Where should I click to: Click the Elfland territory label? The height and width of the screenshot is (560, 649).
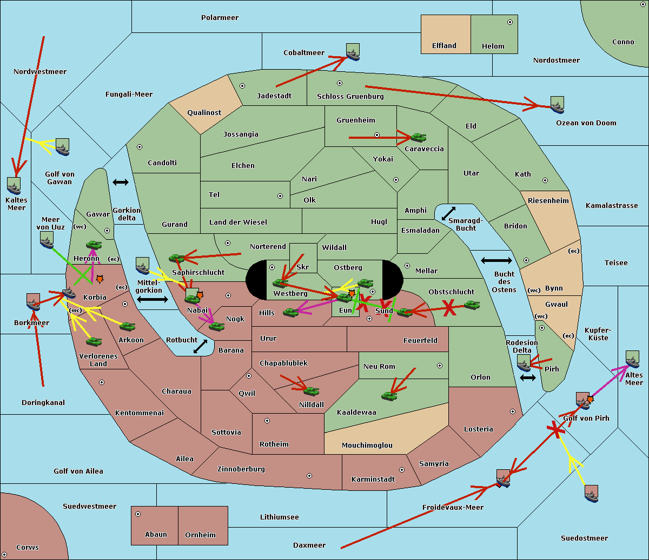444,46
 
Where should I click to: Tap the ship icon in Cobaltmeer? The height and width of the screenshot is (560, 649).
353,52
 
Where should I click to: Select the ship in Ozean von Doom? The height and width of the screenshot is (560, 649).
557,105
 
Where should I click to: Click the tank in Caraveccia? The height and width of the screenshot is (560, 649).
418,138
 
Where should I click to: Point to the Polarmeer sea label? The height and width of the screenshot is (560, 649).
220,18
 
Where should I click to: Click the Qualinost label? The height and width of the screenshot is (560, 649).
204,113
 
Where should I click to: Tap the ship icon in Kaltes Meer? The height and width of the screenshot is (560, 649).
14,186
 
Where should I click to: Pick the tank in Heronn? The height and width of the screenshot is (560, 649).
94,245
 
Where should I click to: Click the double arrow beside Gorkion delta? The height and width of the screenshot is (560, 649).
120,183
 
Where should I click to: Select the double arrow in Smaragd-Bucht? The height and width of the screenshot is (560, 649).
449,213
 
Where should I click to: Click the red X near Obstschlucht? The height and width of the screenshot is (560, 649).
449,308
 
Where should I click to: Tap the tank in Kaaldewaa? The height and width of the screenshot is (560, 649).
389,396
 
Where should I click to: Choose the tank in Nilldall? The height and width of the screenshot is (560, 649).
311,391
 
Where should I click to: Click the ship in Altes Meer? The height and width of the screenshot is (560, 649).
632,360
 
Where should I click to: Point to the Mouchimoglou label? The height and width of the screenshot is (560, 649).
367,446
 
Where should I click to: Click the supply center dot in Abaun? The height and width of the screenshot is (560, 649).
138,514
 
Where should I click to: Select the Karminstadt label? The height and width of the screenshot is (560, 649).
373,480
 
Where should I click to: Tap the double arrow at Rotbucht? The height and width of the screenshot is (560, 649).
200,346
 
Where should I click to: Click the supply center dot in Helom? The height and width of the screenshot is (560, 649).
509,22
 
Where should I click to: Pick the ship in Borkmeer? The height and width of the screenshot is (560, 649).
33,302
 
